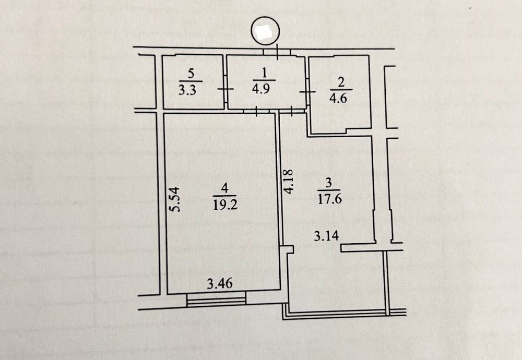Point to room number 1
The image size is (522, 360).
[264, 71]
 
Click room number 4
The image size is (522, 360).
[224, 187]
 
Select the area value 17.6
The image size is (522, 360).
[329, 199]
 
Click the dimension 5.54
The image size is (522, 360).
[175, 199]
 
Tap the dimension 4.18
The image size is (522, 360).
[289, 182]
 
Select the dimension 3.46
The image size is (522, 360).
[220, 284]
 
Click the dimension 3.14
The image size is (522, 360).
[327, 236]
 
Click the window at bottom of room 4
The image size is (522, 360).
[216, 298]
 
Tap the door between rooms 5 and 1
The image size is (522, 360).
[226, 89]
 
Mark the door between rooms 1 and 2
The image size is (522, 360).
[307, 91]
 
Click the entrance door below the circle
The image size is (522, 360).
[276, 51]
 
